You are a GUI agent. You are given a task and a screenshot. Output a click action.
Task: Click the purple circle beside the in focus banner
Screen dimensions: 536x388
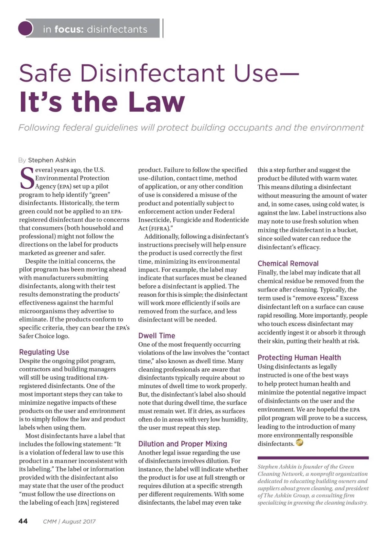pyautogui.click(x=26, y=28)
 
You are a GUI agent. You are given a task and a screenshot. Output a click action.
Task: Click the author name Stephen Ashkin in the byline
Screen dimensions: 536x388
pyautogui.click(x=52, y=160)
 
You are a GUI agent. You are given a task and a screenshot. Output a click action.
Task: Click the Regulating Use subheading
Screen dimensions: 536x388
pyautogui.click(x=44, y=352)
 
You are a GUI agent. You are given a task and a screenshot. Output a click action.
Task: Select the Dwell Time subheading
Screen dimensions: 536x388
pyautogui.click(x=156, y=335)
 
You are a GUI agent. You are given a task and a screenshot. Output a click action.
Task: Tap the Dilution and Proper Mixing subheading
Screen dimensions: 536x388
pyautogui.click(x=182, y=443)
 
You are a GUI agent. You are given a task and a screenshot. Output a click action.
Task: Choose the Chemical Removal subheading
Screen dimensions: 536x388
pyautogui.click(x=288, y=263)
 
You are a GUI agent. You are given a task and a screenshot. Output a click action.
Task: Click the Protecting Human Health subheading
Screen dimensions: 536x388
pyautogui.click(x=299, y=357)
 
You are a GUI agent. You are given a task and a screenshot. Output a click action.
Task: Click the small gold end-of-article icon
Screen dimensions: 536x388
pyautogui.click(x=299, y=443)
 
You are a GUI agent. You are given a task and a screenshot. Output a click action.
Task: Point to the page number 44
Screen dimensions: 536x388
pyautogui.click(x=23, y=521)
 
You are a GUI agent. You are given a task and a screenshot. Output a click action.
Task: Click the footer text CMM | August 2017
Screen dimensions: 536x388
pyautogui.click(x=69, y=521)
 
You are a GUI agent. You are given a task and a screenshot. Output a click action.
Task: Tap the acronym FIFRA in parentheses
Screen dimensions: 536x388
pyautogui.click(x=158, y=228)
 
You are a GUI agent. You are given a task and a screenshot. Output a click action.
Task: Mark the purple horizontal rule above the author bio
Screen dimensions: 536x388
pyautogui.click(x=313, y=458)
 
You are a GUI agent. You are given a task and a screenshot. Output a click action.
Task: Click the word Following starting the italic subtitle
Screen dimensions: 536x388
pyautogui.click(x=39, y=127)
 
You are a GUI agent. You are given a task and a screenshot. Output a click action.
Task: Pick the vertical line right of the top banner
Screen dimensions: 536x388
pyautogui.click(x=163, y=28)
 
